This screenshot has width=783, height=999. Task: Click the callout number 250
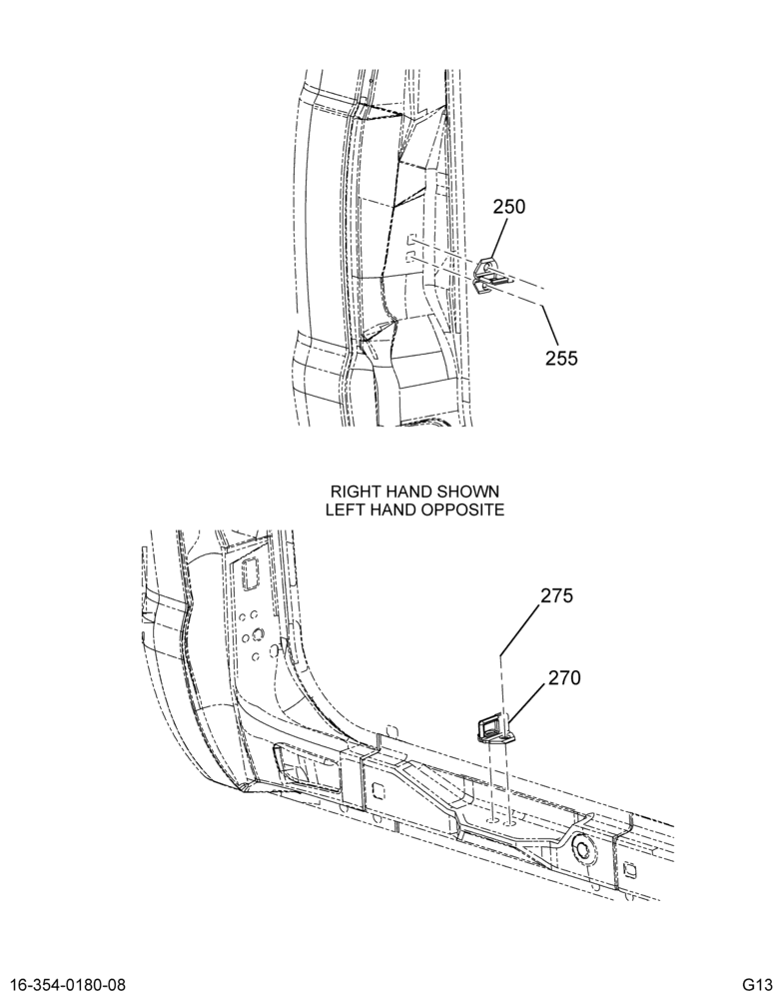tap(509, 207)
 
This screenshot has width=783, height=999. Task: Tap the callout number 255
tap(561, 359)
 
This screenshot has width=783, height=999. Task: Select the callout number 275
tap(557, 595)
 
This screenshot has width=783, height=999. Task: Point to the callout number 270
tap(565, 678)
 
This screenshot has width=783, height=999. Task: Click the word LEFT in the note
tap(344, 509)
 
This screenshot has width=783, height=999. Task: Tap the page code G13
tap(757, 983)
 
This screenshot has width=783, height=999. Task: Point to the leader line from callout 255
tap(550, 327)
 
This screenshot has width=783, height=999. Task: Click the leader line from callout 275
tap(520, 629)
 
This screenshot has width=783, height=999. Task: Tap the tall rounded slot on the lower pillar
tap(249, 573)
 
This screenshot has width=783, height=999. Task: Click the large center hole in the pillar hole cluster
tap(258, 634)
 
